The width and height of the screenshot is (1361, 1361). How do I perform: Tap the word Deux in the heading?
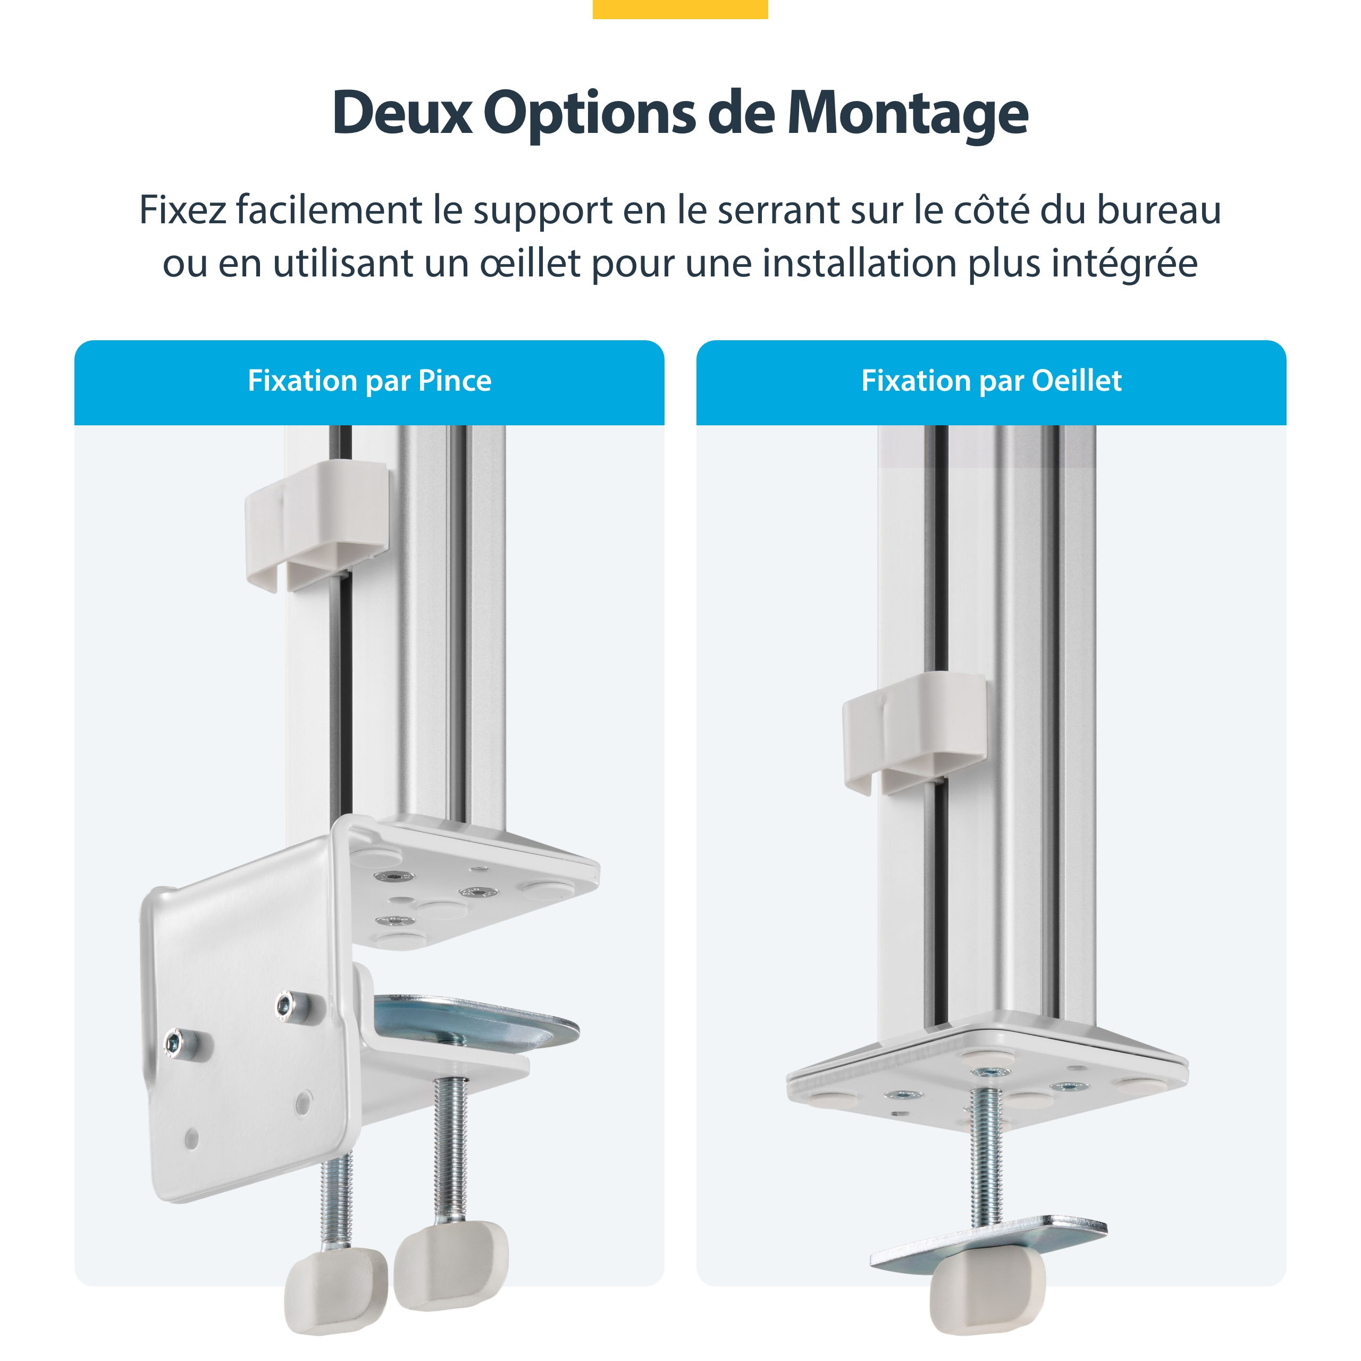coord(403,113)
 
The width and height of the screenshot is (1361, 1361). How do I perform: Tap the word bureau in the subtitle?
coord(1159,210)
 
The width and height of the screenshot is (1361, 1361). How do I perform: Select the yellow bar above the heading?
coord(680,9)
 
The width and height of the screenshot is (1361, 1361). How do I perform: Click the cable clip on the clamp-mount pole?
coord(317,525)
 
